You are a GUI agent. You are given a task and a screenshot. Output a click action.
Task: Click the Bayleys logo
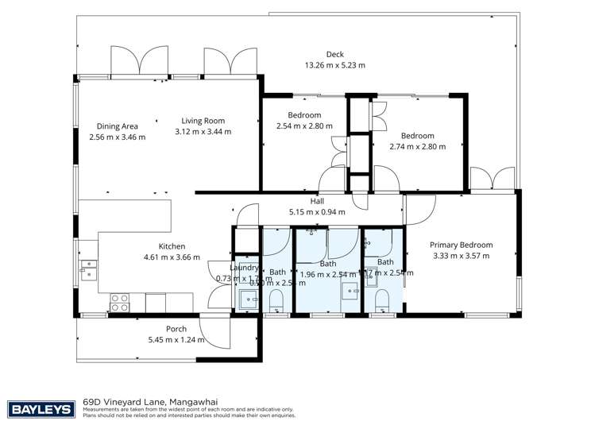click(x=41, y=409)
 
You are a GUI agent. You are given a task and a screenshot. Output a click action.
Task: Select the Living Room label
click(x=203, y=122)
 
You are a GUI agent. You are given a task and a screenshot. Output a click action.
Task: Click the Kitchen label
click(x=149, y=246)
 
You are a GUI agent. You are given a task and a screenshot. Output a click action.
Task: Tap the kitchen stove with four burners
click(x=119, y=303)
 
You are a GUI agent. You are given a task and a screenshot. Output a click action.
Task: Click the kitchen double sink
click(x=87, y=270)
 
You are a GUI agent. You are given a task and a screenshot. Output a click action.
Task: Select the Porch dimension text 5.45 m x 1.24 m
click(x=176, y=339)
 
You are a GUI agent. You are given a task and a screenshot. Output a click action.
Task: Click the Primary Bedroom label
click(x=461, y=245)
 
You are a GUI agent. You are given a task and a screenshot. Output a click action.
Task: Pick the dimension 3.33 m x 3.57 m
click(x=461, y=256)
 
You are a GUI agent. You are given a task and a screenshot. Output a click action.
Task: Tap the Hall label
click(x=317, y=201)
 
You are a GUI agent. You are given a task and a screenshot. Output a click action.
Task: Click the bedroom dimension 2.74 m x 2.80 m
click(x=417, y=146)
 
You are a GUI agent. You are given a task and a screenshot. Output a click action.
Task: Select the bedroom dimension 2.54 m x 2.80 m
click(x=304, y=126)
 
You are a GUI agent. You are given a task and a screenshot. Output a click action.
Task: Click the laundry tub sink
click(x=248, y=299)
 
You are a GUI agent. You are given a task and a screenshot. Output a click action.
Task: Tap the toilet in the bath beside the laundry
click(x=277, y=300)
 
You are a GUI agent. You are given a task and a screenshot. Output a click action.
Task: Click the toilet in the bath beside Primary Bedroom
click(x=381, y=299)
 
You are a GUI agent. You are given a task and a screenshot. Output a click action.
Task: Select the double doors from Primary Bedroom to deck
click(x=493, y=179)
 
